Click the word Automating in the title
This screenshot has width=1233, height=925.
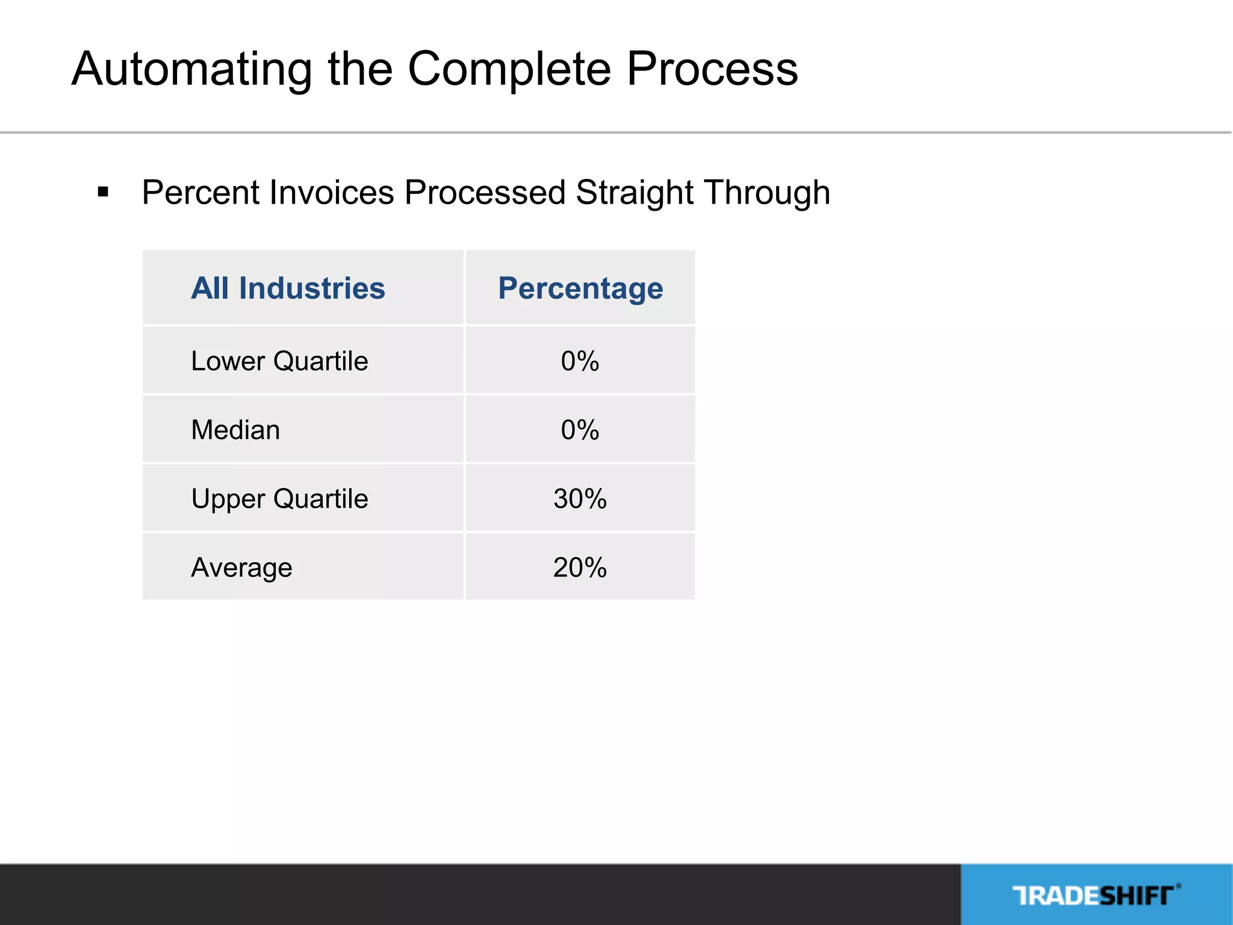coord(192,70)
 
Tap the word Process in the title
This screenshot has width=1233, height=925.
coord(712,69)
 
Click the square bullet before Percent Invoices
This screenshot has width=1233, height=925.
coord(103,193)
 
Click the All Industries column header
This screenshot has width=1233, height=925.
coord(288,288)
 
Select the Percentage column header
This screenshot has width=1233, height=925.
coord(580,288)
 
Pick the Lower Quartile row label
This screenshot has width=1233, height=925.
coord(279,361)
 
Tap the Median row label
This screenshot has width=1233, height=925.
coord(235,430)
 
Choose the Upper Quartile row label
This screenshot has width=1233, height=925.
coord(279,499)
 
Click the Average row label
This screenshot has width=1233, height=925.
coord(241,567)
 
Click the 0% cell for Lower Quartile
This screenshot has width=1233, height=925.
coord(580,361)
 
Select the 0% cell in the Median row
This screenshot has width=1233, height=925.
coord(580,430)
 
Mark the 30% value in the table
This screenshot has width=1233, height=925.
coord(580,499)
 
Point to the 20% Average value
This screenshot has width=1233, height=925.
coord(580,567)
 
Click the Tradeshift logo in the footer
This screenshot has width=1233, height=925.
coord(1096,895)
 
